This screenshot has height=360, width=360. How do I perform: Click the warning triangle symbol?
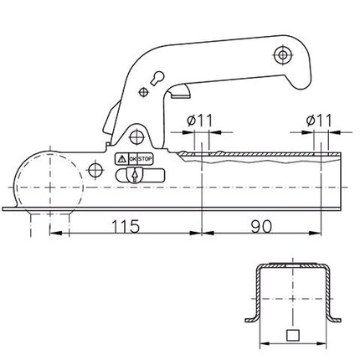click(121, 157)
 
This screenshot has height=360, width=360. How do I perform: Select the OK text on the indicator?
click(131, 157)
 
